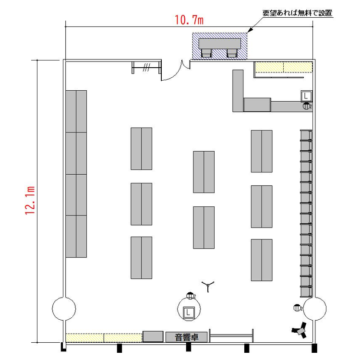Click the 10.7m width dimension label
click(x=189, y=20)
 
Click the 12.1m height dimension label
click(x=30, y=201)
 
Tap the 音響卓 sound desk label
click(x=187, y=337)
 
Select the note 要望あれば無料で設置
click(x=297, y=13)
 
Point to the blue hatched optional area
click(x=219, y=46)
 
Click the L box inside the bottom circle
click(x=189, y=312)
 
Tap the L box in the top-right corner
click(x=306, y=96)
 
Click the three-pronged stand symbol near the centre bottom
click(x=208, y=286)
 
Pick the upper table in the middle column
click(x=204, y=172)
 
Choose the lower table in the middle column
click(x=204, y=228)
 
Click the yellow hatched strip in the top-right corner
click(x=284, y=67)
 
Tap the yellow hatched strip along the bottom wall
click(x=104, y=338)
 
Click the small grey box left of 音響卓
click(x=153, y=336)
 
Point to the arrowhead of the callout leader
click(x=250, y=30)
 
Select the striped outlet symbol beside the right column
click(x=297, y=308)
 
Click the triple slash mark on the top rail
click(x=146, y=67)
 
